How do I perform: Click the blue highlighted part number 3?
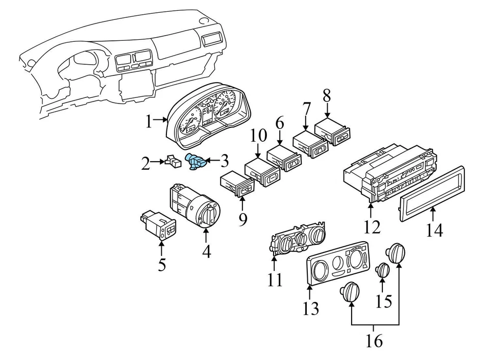[x=196, y=162]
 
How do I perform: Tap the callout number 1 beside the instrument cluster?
[x=149, y=121]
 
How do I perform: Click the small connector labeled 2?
[x=174, y=163]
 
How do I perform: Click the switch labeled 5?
[x=158, y=224]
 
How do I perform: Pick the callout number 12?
[x=373, y=226]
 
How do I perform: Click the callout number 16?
[x=374, y=341]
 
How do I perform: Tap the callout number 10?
[x=259, y=136]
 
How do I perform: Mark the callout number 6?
[x=279, y=123]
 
